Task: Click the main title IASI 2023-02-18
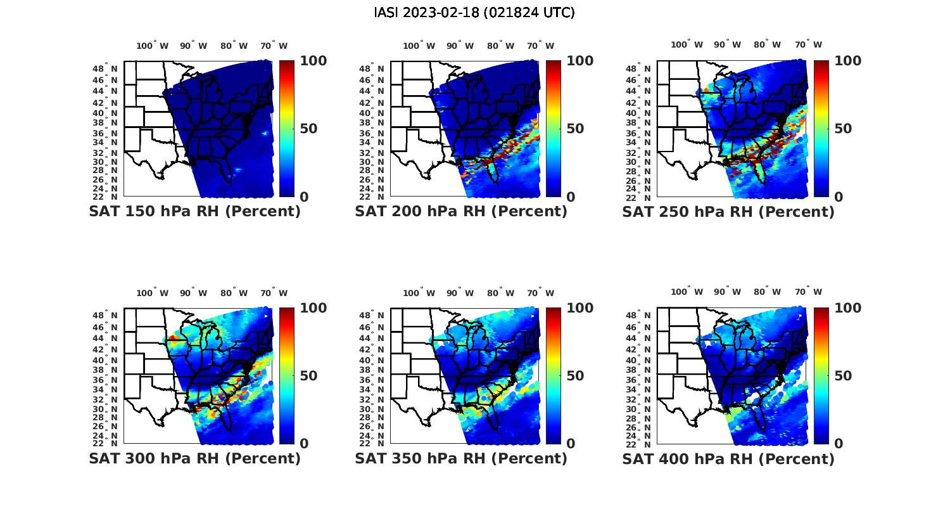(474, 13)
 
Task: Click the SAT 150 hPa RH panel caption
(194, 212)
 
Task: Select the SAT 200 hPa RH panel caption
(461, 212)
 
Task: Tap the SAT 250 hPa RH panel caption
(728, 212)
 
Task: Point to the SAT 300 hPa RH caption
(194, 458)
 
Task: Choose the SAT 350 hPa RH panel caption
(461, 458)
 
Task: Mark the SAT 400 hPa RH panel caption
(728, 458)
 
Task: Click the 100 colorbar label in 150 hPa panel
(313, 61)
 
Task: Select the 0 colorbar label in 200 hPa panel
(571, 197)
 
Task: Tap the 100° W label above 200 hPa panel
(419, 46)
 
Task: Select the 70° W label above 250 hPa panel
(809, 44)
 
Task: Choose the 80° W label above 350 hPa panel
(500, 293)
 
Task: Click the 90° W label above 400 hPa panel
(728, 292)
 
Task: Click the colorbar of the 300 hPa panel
(286, 375)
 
